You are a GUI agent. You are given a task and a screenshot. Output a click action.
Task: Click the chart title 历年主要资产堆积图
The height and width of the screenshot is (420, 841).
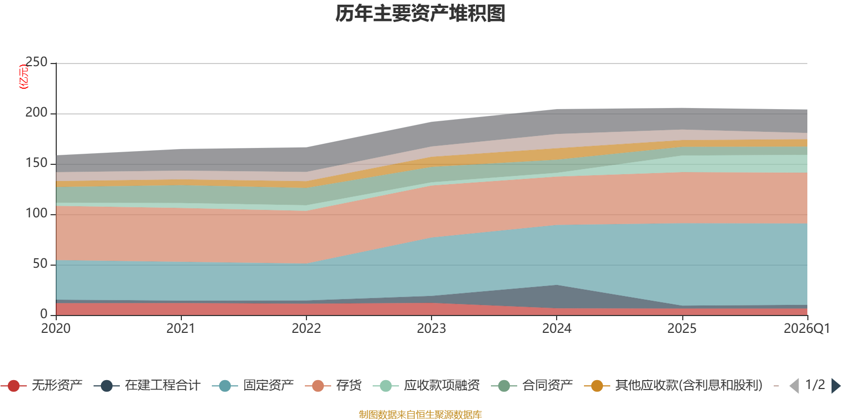click(420, 14)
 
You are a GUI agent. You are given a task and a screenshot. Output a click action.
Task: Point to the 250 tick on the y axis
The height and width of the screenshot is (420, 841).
click(36, 62)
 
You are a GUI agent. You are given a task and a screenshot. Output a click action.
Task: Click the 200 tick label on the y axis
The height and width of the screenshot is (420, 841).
click(36, 113)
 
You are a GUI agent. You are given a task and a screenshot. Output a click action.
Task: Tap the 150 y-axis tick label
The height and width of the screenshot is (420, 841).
click(36, 163)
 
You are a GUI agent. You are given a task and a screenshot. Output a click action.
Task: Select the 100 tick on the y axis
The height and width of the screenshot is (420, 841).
click(36, 214)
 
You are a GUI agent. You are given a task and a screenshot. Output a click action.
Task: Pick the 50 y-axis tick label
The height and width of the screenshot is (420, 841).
click(40, 264)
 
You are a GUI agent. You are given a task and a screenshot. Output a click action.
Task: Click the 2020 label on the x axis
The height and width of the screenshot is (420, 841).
click(56, 329)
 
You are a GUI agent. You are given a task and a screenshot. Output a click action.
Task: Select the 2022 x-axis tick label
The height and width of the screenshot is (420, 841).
click(306, 329)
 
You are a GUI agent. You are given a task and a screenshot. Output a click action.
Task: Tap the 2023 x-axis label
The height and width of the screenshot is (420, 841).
click(432, 329)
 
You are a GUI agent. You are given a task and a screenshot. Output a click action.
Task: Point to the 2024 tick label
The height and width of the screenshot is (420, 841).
click(557, 329)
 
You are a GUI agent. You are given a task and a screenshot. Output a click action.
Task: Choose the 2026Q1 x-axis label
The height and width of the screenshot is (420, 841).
click(806, 329)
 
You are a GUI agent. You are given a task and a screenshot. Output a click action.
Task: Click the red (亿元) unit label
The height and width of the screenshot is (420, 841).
click(24, 77)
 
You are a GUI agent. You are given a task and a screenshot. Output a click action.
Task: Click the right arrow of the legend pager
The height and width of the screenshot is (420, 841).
click(835, 386)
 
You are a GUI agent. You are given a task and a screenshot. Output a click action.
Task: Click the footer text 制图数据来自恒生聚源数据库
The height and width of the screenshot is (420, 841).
click(420, 415)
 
